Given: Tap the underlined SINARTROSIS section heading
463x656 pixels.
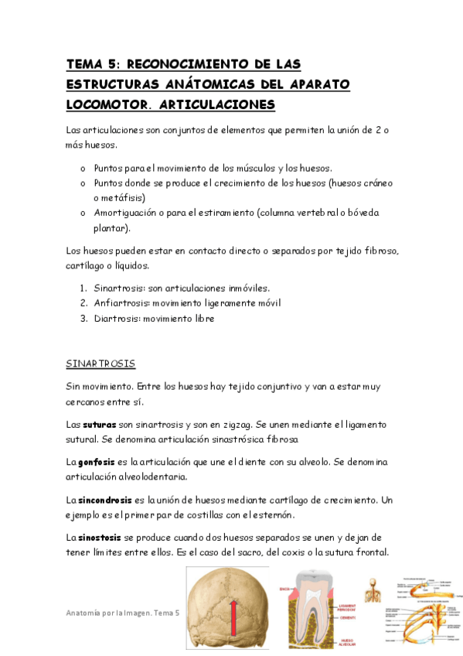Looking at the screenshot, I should pos(100,362).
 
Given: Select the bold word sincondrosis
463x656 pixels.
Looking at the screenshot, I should pos(110,499).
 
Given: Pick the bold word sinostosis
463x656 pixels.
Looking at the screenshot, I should pos(101,536).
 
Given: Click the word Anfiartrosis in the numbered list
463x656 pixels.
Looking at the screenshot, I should pos(120,302).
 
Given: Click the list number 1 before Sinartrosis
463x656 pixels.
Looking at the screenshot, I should pos(83,287).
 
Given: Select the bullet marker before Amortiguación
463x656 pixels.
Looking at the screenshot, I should pos(83,213).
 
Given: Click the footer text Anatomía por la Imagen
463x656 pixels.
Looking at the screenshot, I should pos(108,613).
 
